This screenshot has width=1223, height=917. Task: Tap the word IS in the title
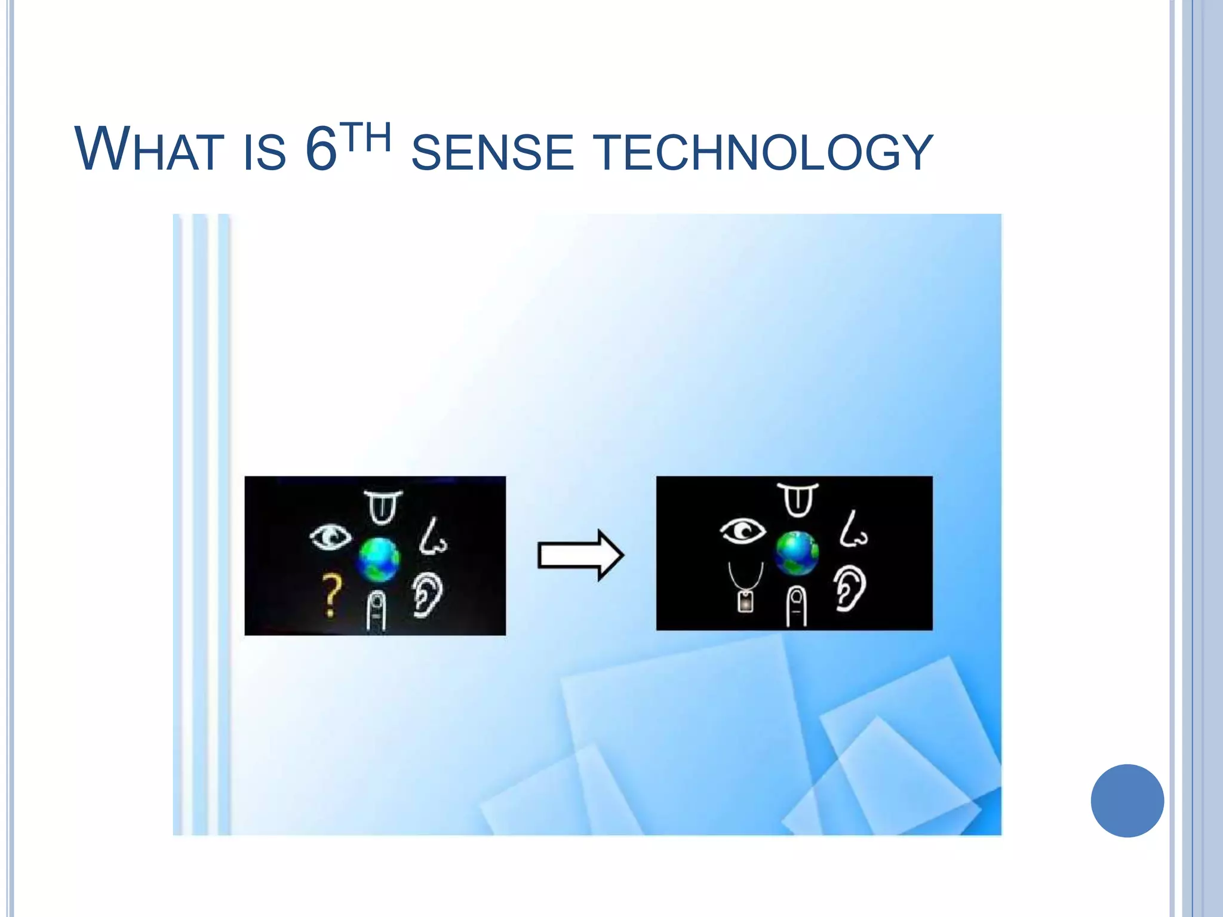(265, 152)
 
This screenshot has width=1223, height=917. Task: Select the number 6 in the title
(321, 149)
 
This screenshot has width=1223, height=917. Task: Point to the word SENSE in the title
(493, 152)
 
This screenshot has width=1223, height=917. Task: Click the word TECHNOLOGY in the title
(764, 152)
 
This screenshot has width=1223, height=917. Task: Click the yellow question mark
(331, 595)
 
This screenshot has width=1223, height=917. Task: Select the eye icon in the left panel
(330, 536)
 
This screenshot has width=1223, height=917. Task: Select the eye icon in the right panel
(742, 530)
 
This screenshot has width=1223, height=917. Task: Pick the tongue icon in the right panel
(798, 500)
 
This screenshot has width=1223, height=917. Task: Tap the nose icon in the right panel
(853, 530)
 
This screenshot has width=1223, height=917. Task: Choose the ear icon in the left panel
(428, 595)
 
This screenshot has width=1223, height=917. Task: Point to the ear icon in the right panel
(850, 589)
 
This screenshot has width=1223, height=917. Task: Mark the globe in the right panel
(797, 553)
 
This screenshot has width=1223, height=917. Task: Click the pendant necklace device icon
(745, 589)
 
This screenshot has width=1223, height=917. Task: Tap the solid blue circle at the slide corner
(1127, 801)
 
